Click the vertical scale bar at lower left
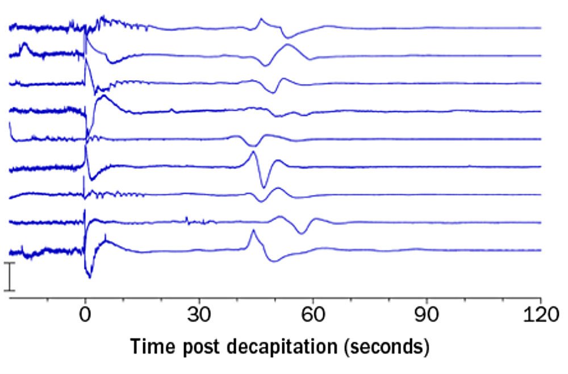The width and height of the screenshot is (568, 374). [10, 277]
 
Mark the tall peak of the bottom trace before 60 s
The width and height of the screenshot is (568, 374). [253, 231]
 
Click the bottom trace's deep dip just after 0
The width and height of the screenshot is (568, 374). [89, 276]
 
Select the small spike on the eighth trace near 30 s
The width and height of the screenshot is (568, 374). [186, 218]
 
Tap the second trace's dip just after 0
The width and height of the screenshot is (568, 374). [111, 62]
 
